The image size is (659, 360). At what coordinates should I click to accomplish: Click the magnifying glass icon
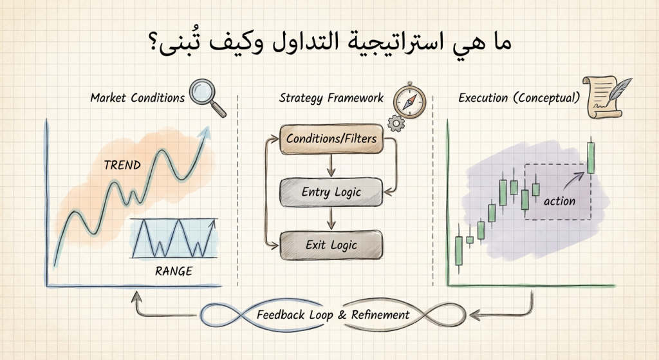[207, 95]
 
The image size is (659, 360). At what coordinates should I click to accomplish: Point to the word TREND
[122, 166]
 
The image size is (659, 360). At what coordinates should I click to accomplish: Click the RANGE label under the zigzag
[174, 271]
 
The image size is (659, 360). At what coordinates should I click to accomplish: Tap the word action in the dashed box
[559, 201]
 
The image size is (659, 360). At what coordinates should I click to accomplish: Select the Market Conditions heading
[137, 99]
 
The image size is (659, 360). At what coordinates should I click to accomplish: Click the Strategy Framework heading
[331, 99]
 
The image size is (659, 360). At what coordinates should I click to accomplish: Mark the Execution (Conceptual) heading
[519, 99]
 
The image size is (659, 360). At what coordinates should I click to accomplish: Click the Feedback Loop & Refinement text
[333, 315]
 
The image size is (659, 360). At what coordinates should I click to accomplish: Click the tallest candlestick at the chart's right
[591, 157]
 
